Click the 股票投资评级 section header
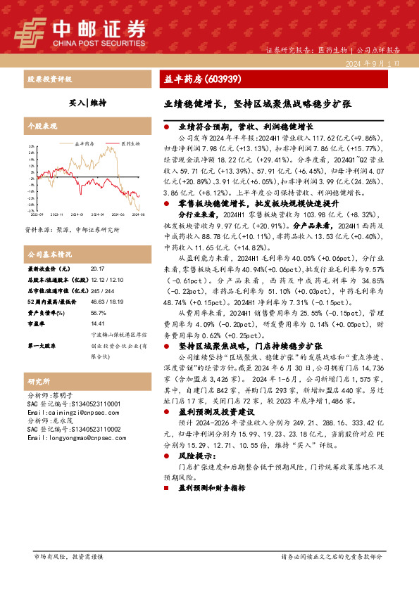pos(48,79)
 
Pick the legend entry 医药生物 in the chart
pos(130,143)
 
